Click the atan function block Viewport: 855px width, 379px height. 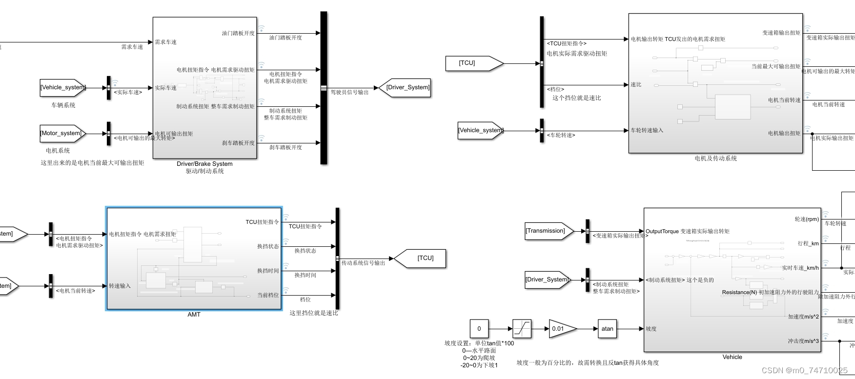pyautogui.click(x=607, y=329)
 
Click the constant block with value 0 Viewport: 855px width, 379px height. pyautogui.click(x=479, y=329)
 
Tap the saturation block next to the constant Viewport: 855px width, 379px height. pyautogui.click(x=522, y=329)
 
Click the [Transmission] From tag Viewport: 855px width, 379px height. pyautogui.click(x=547, y=231)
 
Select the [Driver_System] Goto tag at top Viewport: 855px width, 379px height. pyautogui.click(x=407, y=88)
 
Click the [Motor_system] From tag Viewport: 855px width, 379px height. pyautogui.click(x=62, y=133)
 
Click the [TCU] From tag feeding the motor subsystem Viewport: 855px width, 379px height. pyautogui.click(x=471, y=63)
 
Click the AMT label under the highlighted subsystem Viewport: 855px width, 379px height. pyautogui.click(x=194, y=315)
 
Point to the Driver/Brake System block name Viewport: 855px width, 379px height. pyautogui.click(x=204, y=164)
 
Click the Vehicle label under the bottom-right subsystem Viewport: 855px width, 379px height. pyautogui.click(x=732, y=357)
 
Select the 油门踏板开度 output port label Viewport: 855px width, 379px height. pyautogui.click(x=238, y=33)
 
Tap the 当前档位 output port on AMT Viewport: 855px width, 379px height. pyautogui.click(x=268, y=295)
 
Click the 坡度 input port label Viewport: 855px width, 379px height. pyautogui.click(x=651, y=329)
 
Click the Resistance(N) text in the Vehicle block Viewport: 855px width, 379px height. pyautogui.click(x=739, y=292)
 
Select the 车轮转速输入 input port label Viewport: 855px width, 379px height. pyautogui.click(x=647, y=130)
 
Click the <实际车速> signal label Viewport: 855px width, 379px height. pyautogui.click(x=128, y=92)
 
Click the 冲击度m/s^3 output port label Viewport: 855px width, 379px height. pyautogui.click(x=803, y=341)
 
